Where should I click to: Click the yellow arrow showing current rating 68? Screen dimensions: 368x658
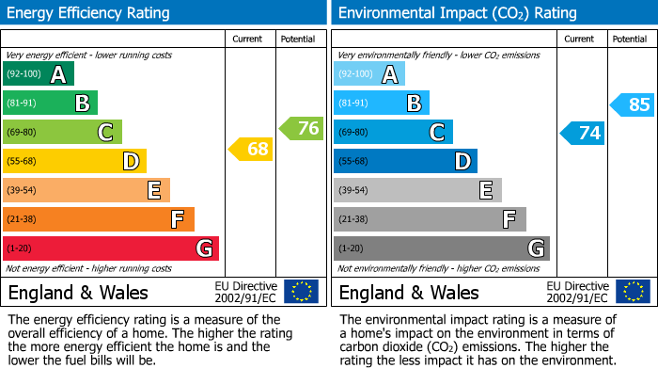click(250, 149)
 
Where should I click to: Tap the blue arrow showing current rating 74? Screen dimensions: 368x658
click(582, 133)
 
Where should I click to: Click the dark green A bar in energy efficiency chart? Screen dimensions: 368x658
click(38, 74)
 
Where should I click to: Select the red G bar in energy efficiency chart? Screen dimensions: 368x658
click(111, 248)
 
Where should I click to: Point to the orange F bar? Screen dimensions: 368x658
click(99, 219)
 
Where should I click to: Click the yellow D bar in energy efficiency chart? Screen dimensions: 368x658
click(74, 162)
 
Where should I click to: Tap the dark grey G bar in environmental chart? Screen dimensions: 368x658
click(441, 248)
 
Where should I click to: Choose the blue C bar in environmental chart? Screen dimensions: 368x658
click(393, 133)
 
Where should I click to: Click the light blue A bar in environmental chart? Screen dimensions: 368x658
click(368, 74)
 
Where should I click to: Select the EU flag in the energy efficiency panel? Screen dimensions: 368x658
click(301, 291)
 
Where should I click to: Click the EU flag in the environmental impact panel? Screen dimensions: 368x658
click(632, 291)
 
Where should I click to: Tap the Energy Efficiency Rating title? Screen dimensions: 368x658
click(89, 13)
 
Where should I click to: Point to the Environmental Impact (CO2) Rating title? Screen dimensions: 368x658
click(457, 13)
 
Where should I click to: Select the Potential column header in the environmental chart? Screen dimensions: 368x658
click(630, 39)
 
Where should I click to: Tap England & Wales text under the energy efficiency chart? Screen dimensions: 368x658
click(77, 292)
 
